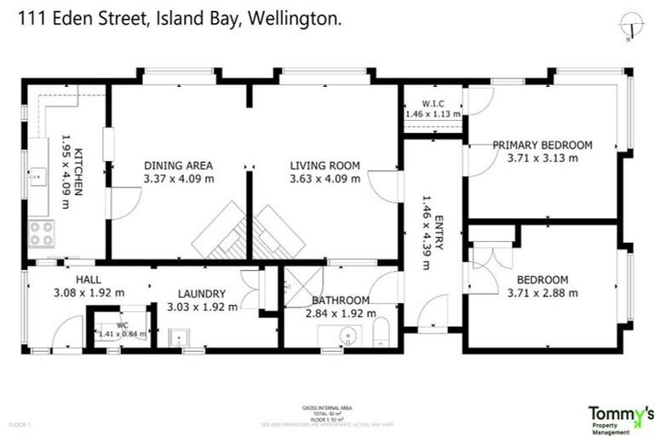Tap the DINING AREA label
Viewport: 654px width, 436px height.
point(178,165)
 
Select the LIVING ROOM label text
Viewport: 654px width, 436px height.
point(324,165)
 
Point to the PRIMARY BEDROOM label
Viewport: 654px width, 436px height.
point(542,145)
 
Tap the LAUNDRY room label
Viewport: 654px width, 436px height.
point(202,293)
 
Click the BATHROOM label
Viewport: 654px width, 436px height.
point(340,300)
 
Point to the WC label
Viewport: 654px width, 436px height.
point(123,324)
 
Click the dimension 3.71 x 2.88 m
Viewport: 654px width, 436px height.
point(542,293)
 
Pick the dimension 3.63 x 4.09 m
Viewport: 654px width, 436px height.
point(324,179)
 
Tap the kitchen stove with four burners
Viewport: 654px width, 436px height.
point(41,232)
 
